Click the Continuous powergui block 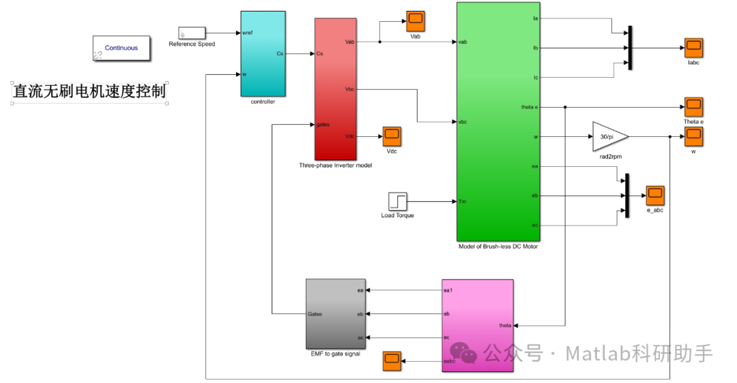click(x=121, y=48)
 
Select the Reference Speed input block click(x=192, y=33)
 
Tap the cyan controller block click(x=263, y=53)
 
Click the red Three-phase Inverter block click(x=336, y=89)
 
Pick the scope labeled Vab click(x=416, y=21)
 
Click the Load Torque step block click(x=397, y=201)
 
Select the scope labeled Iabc click(x=694, y=48)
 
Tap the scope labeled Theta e click(x=693, y=107)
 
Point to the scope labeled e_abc click(x=655, y=195)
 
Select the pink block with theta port click(x=477, y=325)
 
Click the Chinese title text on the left click(x=89, y=91)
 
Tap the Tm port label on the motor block click(x=463, y=201)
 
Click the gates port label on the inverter click(x=324, y=124)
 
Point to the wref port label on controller click(x=248, y=33)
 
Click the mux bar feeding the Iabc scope click(x=630, y=48)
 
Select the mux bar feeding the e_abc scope click(x=626, y=196)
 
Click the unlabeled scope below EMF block click(x=392, y=361)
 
